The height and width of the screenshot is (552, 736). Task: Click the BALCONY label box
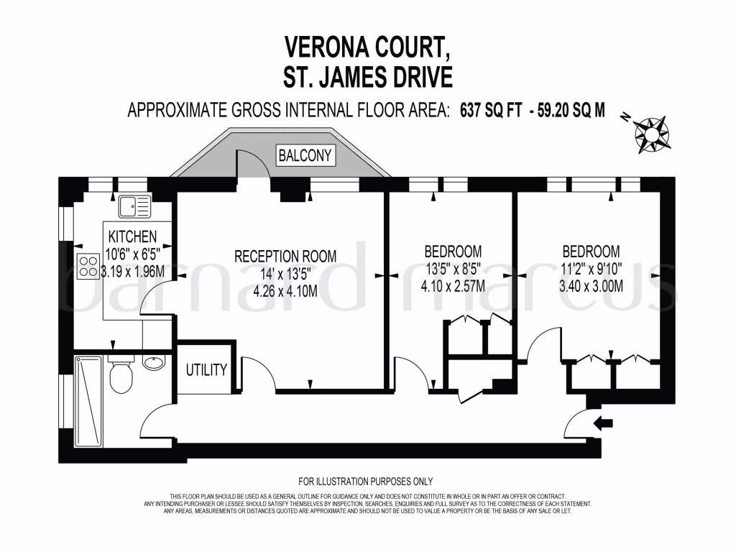click(x=305, y=155)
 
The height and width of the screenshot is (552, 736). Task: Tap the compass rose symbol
click(x=651, y=134)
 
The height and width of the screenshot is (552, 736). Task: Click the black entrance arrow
click(x=603, y=423)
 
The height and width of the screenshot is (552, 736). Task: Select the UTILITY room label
click(x=206, y=370)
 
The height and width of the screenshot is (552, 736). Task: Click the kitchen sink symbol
click(x=134, y=206)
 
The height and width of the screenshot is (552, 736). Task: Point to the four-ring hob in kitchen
click(x=88, y=266)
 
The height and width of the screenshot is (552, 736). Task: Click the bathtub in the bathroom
click(x=88, y=402)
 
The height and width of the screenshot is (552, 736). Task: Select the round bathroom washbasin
click(x=154, y=362)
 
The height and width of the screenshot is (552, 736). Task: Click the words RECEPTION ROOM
click(x=285, y=257)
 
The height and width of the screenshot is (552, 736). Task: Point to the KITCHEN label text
click(x=132, y=236)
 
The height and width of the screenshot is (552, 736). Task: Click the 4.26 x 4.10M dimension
click(x=285, y=291)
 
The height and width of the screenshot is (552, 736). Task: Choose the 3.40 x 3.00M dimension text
click(x=591, y=285)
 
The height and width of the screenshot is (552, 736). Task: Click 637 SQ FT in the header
click(x=491, y=110)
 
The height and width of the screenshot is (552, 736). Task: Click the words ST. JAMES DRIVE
click(x=368, y=76)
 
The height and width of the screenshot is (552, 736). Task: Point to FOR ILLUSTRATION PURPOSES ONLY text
click(x=366, y=481)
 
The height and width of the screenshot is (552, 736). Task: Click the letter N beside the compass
click(x=625, y=117)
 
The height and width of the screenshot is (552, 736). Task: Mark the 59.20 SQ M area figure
click(x=571, y=110)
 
